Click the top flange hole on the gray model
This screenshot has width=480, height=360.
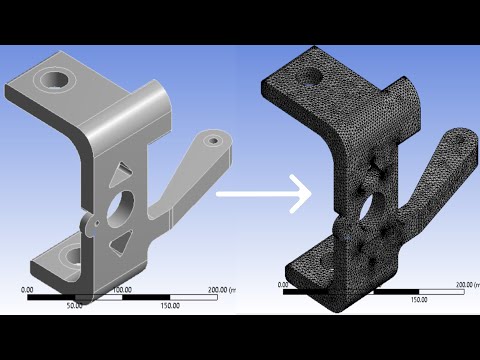point(51,77)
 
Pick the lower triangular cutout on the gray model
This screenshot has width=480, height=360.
point(122,239)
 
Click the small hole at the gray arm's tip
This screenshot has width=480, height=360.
point(212,142)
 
